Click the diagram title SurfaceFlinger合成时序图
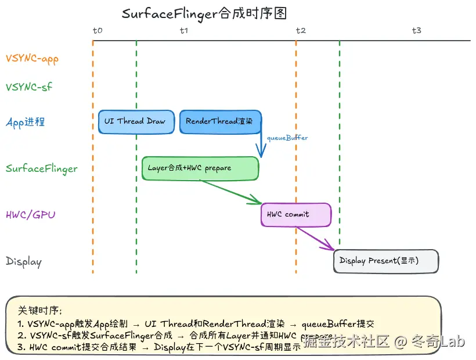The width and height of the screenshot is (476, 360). click(204, 13)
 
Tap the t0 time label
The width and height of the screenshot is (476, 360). click(98, 30)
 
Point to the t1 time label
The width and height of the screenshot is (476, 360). click(184, 30)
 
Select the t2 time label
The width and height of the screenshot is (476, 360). click(300, 30)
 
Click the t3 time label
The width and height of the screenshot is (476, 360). click(416, 30)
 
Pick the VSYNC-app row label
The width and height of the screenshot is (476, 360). click(32, 59)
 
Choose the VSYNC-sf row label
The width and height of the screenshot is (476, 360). click(28, 87)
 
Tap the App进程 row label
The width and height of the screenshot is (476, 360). click(25, 122)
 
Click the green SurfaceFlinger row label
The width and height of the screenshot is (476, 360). click(41, 168)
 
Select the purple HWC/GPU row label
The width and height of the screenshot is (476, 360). click(31, 215)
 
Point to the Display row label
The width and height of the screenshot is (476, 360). click(24, 261)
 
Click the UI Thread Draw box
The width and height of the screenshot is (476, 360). click(136, 122)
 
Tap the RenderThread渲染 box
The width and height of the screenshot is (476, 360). click(220, 122)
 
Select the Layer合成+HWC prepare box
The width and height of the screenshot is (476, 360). click(200, 168)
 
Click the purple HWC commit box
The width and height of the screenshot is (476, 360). click(296, 215)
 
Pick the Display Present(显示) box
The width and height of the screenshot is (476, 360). click(386, 261)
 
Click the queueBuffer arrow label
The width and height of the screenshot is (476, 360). click(287, 138)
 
